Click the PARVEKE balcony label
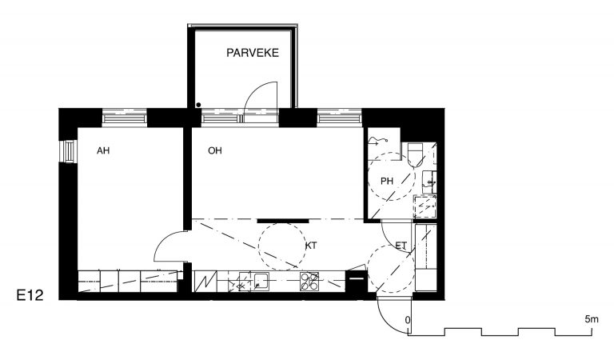[x=253, y=53]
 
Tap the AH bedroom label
[x=103, y=150]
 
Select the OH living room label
[x=215, y=150]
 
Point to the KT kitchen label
[x=311, y=246]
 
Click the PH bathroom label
[x=387, y=181]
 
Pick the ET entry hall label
[x=401, y=246]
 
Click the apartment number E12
[x=30, y=295]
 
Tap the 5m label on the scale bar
[x=592, y=319]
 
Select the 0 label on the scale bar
[x=408, y=320]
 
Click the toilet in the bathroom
[x=416, y=154]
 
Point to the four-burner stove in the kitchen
[x=309, y=282]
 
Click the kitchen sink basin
[x=261, y=282]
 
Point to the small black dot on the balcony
[x=198, y=105]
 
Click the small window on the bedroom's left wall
[x=69, y=151]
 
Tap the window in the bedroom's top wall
[x=125, y=118]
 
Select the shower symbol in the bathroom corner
[x=377, y=142]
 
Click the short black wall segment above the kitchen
[x=283, y=221]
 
